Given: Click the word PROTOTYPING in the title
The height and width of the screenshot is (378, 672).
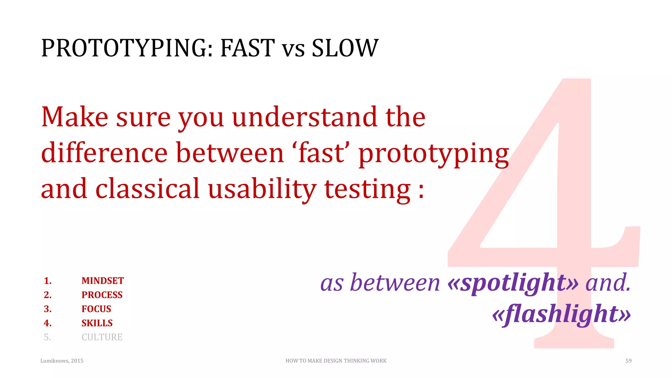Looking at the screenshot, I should (x=127, y=49).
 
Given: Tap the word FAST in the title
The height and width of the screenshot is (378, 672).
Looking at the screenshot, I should (x=247, y=49).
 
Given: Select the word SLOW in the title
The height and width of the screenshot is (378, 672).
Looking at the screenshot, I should (x=345, y=49).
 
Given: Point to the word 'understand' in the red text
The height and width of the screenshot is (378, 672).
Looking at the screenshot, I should (x=304, y=117).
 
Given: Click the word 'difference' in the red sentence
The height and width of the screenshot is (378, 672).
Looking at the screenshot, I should (x=104, y=153).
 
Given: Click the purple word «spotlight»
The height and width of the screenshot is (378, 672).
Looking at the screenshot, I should (x=513, y=283).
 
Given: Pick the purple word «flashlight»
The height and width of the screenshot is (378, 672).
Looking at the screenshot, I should (x=561, y=314).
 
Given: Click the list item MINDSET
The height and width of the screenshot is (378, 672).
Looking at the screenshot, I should (x=102, y=281).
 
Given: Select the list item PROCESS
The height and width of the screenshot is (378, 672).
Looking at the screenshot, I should (x=102, y=295).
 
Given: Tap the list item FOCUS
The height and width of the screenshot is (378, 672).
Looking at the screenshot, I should (x=96, y=309).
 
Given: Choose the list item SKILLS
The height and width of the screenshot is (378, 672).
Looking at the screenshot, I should (x=97, y=323).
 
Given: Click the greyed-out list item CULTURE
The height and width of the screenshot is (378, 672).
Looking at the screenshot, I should (x=102, y=337).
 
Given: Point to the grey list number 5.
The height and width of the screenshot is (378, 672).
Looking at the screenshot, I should (x=47, y=337).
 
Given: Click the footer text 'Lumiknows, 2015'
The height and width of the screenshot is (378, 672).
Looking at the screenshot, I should (x=62, y=361).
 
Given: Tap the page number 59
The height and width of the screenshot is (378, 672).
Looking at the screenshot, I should (x=628, y=361).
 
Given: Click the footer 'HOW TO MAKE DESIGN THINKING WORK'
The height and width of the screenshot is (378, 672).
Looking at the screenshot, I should (x=336, y=361).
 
